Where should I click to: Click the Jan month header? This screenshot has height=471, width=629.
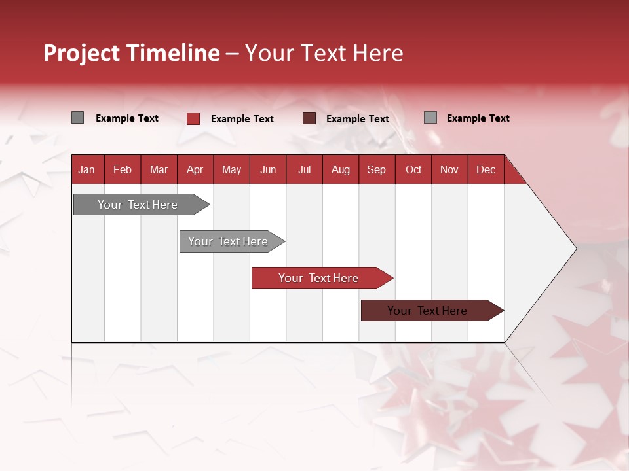click(86, 169)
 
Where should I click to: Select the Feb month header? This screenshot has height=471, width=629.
click(123, 169)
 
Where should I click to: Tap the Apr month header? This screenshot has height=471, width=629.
click(195, 169)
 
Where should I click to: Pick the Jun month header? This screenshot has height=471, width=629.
click(268, 169)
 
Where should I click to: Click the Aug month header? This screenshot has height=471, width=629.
click(340, 169)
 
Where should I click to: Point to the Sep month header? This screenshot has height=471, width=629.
click(376, 169)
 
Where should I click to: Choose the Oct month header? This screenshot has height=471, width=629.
click(413, 169)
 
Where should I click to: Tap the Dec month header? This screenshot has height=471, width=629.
click(486, 169)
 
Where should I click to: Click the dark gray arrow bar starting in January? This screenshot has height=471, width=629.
click(138, 205)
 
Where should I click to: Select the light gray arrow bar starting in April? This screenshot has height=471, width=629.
click(228, 241)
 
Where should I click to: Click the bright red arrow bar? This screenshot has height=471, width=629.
click(318, 278)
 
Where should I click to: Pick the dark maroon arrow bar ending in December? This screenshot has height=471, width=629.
click(427, 311)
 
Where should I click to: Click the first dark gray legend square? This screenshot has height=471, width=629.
click(77, 118)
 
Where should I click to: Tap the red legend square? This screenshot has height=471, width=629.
click(193, 118)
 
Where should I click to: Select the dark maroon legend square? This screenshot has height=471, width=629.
click(309, 118)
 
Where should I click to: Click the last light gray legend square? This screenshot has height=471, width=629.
click(430, 118)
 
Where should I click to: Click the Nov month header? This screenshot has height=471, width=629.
click(449, 169)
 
